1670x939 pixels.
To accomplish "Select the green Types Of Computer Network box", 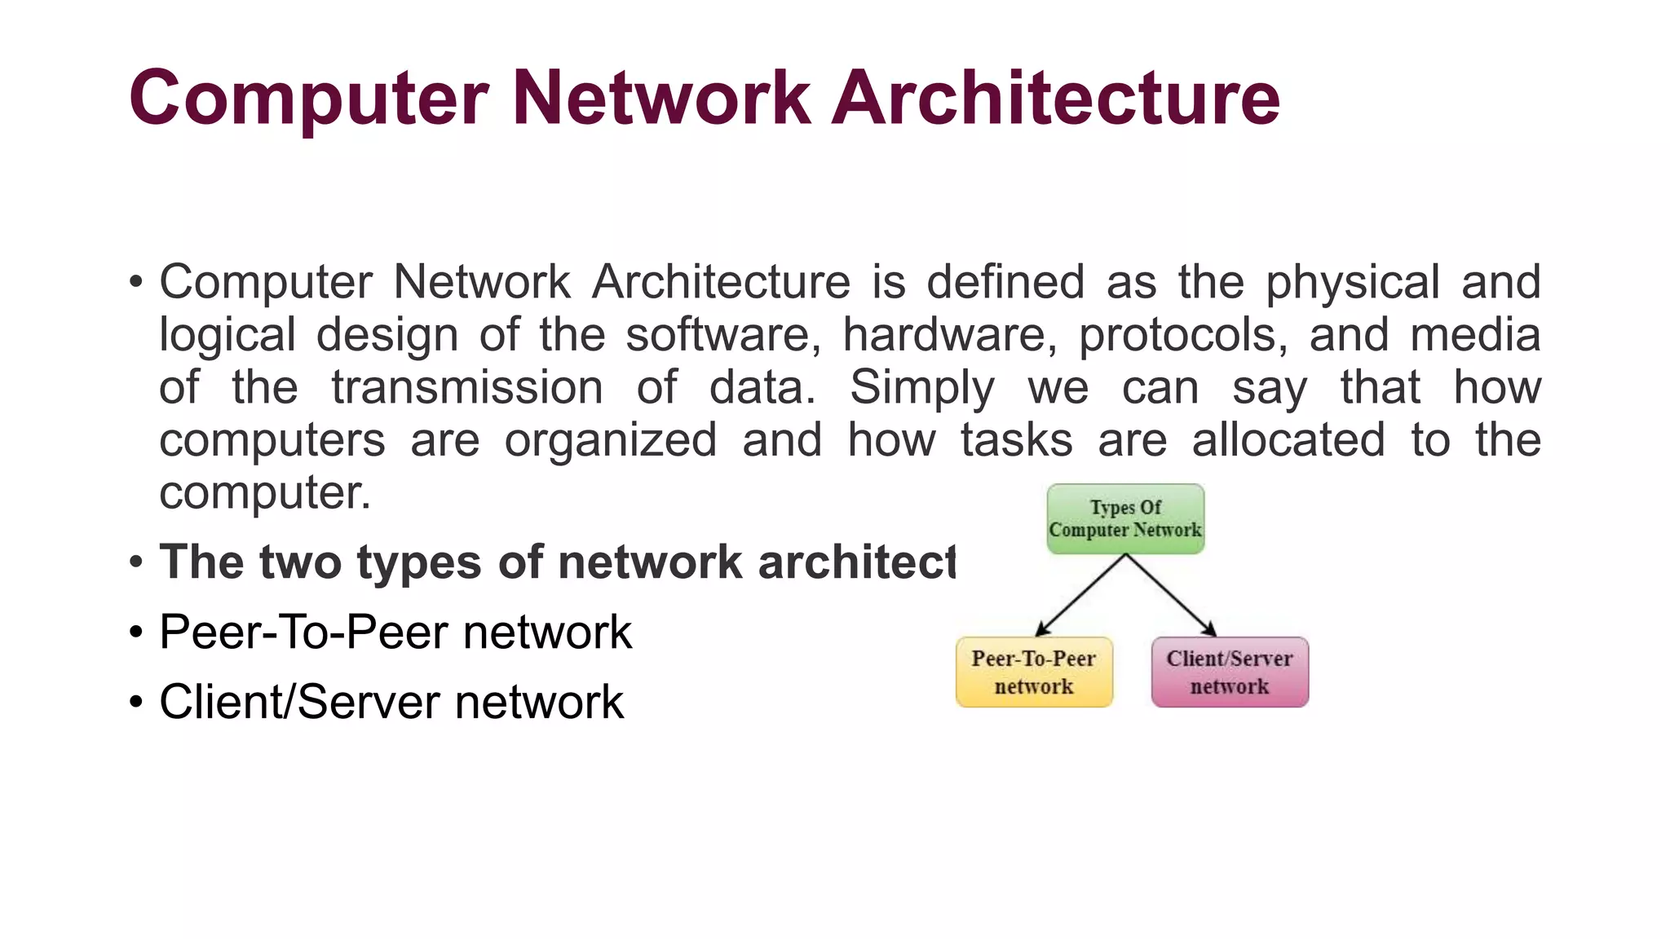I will (1125, 519).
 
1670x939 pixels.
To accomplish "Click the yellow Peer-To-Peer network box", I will (1034, 672).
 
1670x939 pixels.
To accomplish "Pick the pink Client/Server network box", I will (1230, 672).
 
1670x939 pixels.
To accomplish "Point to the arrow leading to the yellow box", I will (1080, 595).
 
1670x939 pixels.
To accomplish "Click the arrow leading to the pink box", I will (1171, 595).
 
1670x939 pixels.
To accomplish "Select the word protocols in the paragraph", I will (1183, 335).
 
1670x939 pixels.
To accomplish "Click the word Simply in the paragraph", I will (922, 388).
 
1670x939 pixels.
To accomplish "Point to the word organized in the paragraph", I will (611, 440).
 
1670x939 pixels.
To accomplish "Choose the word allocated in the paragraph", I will (1288, 440).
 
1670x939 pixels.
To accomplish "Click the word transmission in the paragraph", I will (467, 388).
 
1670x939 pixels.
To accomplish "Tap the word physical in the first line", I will (1352, 283).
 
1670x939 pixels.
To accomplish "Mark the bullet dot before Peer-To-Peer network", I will (136, 633).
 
